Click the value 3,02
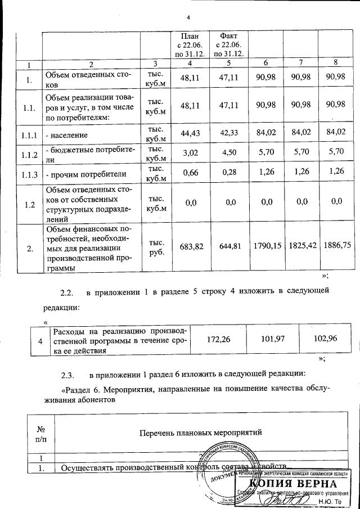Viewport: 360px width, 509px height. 183,153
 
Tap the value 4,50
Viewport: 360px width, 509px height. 224,153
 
